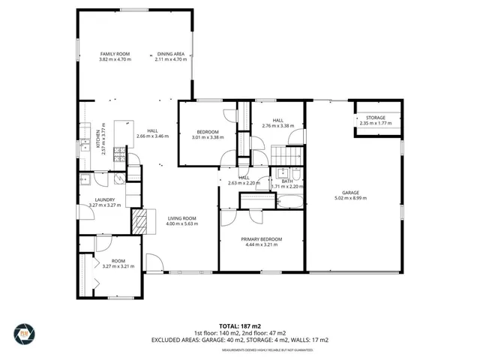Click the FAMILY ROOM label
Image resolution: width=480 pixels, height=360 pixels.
tap(115, 54)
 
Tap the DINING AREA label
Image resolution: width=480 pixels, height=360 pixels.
tap(170, 54)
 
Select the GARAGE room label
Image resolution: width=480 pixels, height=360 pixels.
tap(352, 192)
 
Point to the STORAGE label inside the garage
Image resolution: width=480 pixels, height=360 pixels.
tap(376, 118)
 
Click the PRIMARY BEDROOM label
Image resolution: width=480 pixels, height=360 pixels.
tap(262, 238)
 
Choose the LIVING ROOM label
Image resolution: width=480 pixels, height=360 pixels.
tap(181, 217)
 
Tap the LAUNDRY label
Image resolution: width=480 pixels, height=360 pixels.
tap(104, 199)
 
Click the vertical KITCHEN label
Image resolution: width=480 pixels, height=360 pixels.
tap(98, 139)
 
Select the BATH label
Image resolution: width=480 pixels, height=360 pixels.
tap(286, 181)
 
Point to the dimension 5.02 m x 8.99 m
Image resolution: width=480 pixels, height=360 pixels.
tap(352, 198)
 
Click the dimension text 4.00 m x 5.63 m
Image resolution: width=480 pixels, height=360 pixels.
tap(181, 223)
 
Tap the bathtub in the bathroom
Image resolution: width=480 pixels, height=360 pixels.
tap(289, 200)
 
